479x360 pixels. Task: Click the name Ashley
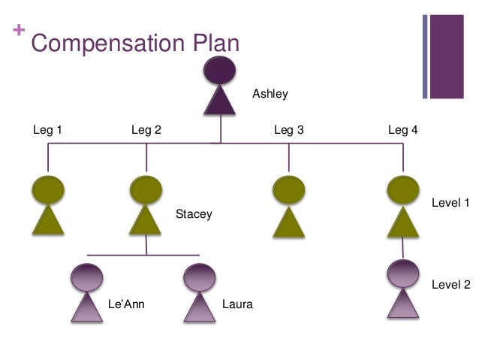coord(270,94)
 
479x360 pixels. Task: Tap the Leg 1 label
coord(47,130)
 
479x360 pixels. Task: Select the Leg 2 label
coord(146,130)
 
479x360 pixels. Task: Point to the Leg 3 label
coord(288,130)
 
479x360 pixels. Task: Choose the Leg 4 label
coord(402,130)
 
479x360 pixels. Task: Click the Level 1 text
coord(450,203)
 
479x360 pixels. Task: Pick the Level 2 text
coord(450,285)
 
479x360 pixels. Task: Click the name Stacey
coord(194,214)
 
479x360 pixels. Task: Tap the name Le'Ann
coord(126,304)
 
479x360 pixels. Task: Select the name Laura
coord(237,304)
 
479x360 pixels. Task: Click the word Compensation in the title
coord(104,44)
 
